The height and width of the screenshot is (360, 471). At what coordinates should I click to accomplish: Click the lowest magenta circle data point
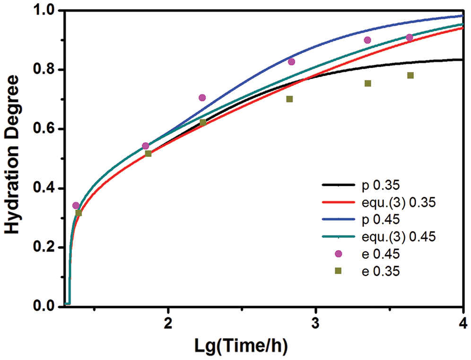[76, 206]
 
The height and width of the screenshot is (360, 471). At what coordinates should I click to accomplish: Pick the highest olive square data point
[410, 76]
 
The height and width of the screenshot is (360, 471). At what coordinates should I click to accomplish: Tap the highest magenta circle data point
[409, 37]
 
